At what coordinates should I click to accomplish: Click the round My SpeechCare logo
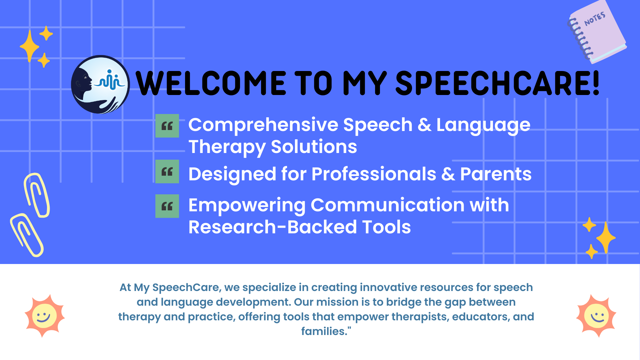click(100, 84)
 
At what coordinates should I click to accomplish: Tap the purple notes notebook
click(597, 32)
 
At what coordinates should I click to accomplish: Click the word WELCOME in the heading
click(211, 83)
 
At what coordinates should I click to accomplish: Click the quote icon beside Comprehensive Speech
click(167, 126)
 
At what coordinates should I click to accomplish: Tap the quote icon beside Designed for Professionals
click(167, 171)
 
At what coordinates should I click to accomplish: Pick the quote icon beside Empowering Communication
click(167, 206)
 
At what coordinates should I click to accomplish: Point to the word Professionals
click(374, 174)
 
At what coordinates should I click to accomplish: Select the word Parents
click(496, 174)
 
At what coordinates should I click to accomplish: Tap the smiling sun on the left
click(44, 316)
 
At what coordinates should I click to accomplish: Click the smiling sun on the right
click(596, 316)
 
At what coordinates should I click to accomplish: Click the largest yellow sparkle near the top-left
click(30, 46)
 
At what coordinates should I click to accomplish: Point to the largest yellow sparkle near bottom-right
click(606, 238)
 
